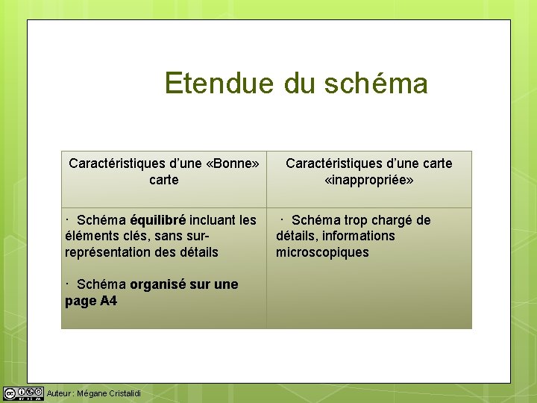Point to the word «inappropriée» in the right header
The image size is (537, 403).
[x=368, y=180]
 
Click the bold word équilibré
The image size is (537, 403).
[x=157, y=220]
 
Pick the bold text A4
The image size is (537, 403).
[x=108, y=301]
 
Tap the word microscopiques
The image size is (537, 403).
[x=322, y=252]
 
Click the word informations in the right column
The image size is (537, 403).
[x=359, y=236]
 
